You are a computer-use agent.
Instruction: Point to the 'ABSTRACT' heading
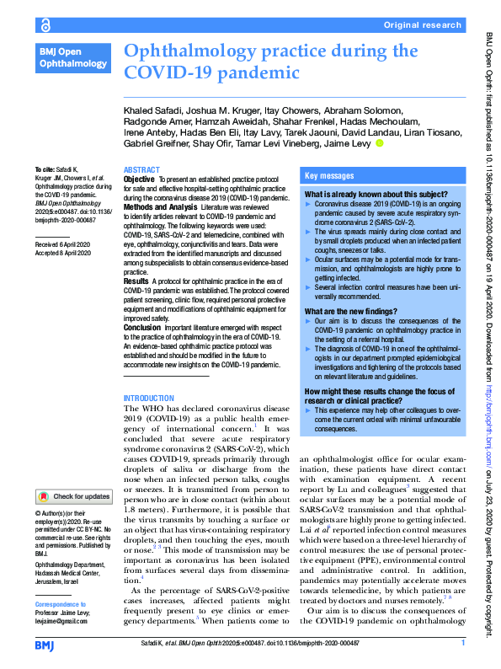click(141, 169)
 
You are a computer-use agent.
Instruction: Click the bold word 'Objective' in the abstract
click(139, 179)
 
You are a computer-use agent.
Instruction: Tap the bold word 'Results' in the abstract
click(136, 281)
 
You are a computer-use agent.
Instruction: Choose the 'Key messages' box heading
click(329, 177)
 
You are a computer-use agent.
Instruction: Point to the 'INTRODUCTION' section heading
click(148, 398)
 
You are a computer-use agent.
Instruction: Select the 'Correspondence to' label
click(60, 604)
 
